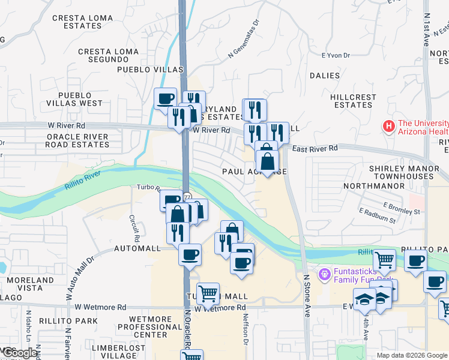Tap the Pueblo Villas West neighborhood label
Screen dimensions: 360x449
pyautogui.click(x=80, y=99)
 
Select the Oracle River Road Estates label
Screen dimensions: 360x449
pyautogui.click(x=78, y=140)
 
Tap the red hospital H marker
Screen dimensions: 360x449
pyautogui.click(x=388, y=127)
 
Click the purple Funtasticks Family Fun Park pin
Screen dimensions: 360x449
pyautogui.click(x=325, y=274)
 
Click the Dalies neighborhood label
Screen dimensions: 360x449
pyautogui.click(x=325, y=76)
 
